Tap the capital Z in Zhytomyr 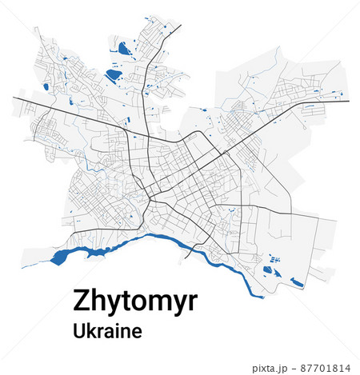pos(82,301)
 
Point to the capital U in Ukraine pos(78,329)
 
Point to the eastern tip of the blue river pos(261,296)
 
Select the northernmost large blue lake pos(124,50)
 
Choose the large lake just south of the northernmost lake pos(114,76)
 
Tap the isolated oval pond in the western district pos(46,87)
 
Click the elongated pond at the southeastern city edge pos(297,281)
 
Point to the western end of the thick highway pos(14,98)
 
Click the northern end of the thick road pos(181,26)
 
